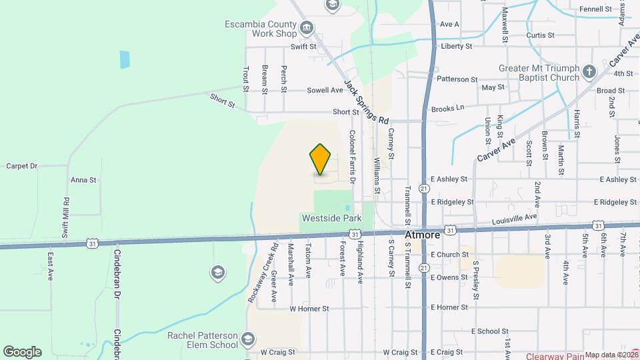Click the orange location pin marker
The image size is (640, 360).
point(321,159)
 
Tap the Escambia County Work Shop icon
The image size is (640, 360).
point(307,27)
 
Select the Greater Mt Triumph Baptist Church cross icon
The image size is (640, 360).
point(589,71)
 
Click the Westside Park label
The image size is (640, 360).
point(331,218)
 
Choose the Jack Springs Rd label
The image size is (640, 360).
point(366,102)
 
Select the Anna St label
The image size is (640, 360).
point(84,180)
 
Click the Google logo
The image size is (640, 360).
point(22,352)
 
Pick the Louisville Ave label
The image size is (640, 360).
point(514,218)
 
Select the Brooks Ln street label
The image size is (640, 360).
point(447,108)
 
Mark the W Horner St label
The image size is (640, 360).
point(309,309)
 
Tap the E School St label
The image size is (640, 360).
point(489,331)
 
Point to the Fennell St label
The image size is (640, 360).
point(595,9)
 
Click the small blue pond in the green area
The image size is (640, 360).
point(125,60)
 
